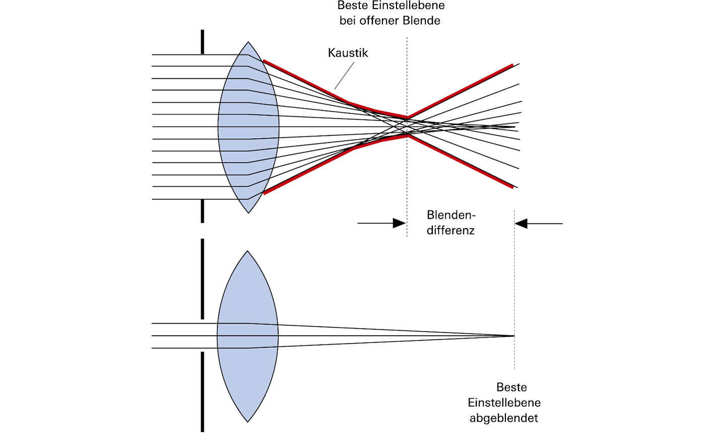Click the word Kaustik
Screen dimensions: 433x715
[x=348, y=52]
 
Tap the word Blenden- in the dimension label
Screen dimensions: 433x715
[x=451, y=215]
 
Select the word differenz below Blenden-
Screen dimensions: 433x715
[x=450, y=231]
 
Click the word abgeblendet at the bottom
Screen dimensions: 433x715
[x=504, y=418]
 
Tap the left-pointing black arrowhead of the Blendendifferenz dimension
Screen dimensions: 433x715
[x=521, y=223]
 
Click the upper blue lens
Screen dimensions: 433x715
[x=248, y=126]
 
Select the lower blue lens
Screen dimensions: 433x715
[x=248, y=336]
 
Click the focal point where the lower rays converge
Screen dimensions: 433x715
[x=514, y=336]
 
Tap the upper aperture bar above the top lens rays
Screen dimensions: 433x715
[x=203, y=41]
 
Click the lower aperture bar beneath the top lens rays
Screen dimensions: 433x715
[x=203, y=210]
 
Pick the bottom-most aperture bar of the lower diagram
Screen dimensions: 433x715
[x=203, y=392]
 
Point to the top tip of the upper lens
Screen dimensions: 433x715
[x=248, y=42]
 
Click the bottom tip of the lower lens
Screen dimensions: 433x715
[x=248, y=421]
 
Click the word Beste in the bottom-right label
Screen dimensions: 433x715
[x=511, y=387]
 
